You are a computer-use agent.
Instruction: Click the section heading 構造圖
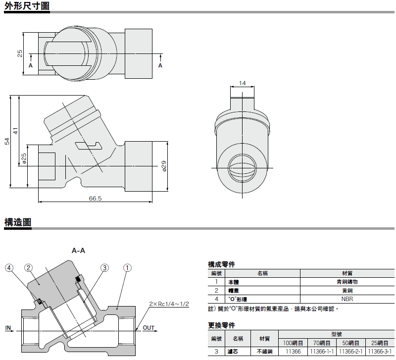coord(18,222)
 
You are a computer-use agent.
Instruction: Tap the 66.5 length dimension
coord(95,198)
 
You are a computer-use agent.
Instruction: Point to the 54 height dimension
coord(7,141)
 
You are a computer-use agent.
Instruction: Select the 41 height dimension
coord(16,131)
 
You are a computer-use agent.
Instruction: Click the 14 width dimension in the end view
coord(242,83)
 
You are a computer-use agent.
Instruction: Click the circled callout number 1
coord(127,268)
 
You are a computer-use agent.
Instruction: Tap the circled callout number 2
coord(29,268)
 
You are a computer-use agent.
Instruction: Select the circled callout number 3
coord(104,268)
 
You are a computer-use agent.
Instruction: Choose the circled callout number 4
coord(9,268)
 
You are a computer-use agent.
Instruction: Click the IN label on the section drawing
coord(8,327)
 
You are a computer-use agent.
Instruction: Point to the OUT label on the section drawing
coord(149,327)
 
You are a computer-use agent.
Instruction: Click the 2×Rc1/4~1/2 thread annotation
coord(169,304)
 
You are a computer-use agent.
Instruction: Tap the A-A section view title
coord(79,251)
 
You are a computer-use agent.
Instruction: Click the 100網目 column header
coord(293,343)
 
